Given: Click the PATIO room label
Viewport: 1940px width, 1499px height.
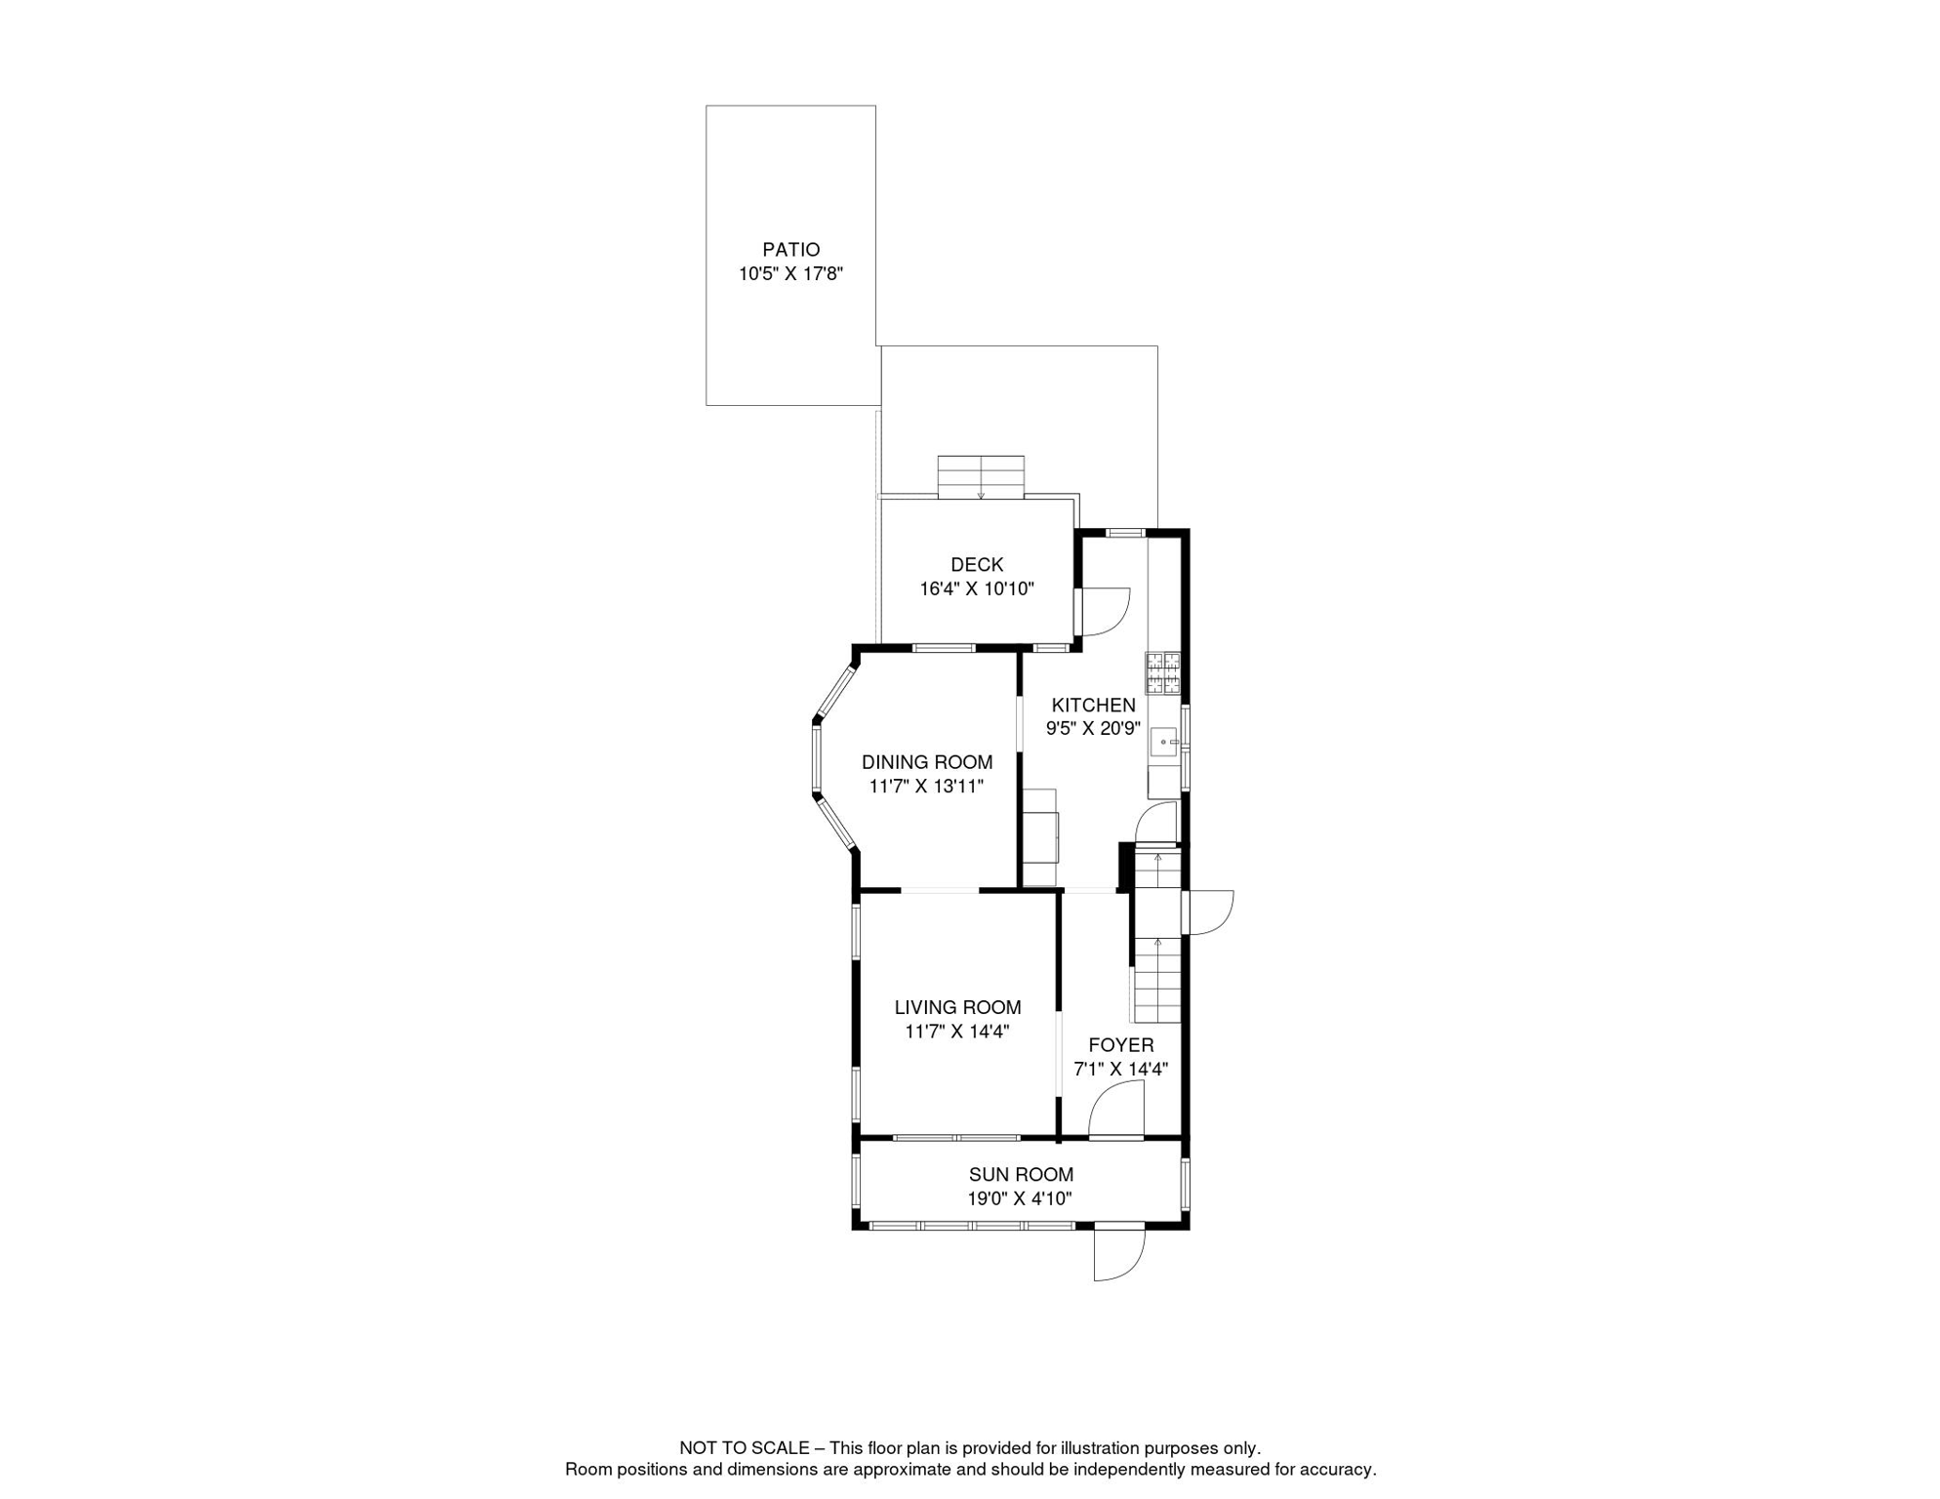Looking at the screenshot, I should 790,250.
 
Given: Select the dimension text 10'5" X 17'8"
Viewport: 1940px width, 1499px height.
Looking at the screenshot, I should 790,274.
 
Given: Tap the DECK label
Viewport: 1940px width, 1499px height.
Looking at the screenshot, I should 977,564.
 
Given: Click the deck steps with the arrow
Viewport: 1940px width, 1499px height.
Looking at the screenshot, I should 981,477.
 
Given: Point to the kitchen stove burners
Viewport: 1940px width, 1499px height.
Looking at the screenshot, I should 1163,672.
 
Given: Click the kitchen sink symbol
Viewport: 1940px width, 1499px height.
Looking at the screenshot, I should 1165,743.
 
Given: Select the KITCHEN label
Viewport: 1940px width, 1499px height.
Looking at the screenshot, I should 1093,705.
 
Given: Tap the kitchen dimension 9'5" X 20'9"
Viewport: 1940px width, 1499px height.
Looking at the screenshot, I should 1093,728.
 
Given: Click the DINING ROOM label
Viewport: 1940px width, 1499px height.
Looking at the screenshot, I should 927,762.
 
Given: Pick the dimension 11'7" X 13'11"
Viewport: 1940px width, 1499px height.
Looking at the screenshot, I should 927,786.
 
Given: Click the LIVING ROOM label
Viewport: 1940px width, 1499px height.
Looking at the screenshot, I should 957,1007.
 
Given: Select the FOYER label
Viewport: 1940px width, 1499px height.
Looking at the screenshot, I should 1121,1045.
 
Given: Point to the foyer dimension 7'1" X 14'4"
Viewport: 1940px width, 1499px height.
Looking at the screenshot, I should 1121,1069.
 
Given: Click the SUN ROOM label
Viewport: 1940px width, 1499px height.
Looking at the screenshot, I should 1021,1175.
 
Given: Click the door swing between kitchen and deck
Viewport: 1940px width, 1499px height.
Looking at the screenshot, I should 1103,612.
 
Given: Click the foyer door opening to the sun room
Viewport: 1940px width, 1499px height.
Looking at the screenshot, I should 1116,1113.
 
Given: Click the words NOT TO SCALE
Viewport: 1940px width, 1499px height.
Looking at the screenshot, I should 744,1448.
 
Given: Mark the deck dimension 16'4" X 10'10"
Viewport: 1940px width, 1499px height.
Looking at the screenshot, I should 977,588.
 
